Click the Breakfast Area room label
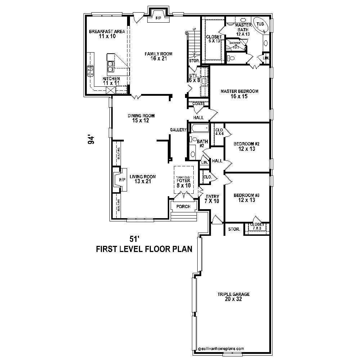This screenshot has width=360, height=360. pyautogui.click(x=107, y=34)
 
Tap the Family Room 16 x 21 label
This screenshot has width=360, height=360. pyautogui.click(x=158, y=56)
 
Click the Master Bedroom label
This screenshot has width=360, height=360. pyautogui.click(x=239, y=94)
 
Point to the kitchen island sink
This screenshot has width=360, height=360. pyautogui.click(x=111, y=66)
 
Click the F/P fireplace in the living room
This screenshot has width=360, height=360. pyautogui.click(x=121, y=180)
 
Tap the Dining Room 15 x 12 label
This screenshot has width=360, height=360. pyautogui.click(x=141, y=118)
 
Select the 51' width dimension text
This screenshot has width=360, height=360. pyautogui.click(x=134, y=239)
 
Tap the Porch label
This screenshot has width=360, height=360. pyautogui.click(x=183, y=207)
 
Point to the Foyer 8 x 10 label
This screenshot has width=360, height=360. pyautogui.click(x=183, y=183)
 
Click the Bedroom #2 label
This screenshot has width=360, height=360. pyautogui.click(x=247, y=146)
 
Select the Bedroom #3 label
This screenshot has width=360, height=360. pyautogui.click(x=247, y=197)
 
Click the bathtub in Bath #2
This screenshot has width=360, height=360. pyautogui.click(x=199, y=128)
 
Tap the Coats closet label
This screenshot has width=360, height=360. pyautogui.click(x=198, y=104)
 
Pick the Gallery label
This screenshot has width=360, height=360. pyautogui.click(x=178, y=130)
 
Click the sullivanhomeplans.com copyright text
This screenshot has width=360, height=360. pyautogui.click(x=221, y=348)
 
